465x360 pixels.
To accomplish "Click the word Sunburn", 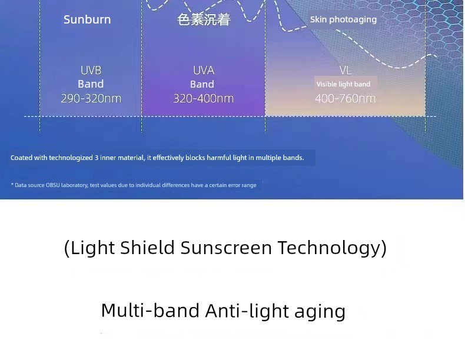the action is coord(87,19).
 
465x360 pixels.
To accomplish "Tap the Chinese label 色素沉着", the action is coord(204,20).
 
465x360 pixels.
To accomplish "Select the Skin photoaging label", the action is coord(343,19).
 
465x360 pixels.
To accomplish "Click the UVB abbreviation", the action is coord(91,71).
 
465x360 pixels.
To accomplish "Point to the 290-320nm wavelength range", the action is coord(91,98).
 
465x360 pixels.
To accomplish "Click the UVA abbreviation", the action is coord(204,71).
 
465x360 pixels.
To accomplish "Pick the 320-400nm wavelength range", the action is coord(204,98).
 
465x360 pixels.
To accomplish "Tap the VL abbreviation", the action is coord(346,71).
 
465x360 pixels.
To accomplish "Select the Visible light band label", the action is coord(343,84).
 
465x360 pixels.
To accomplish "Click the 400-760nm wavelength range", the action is coord(345,98).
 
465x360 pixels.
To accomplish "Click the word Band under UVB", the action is coord(91,84).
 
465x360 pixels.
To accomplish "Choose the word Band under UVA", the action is coord(202,84).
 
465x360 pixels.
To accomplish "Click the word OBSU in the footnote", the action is coord(53,185).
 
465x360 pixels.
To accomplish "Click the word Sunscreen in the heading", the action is coord(226,248).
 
